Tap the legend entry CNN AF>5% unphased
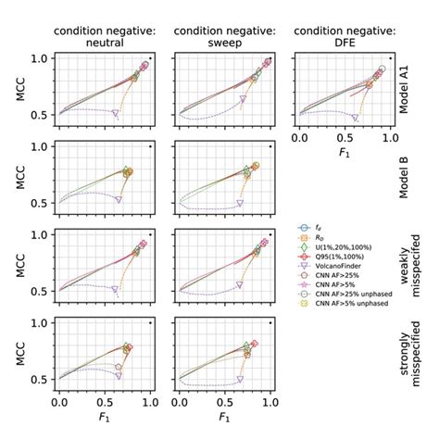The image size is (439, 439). click(357, 301)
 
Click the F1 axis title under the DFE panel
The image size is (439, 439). click(342, 156)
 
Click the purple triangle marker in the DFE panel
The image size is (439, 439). click(354, 118)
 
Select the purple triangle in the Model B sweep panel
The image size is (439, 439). click(239, 202)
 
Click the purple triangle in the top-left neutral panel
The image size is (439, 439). click(116, 113)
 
